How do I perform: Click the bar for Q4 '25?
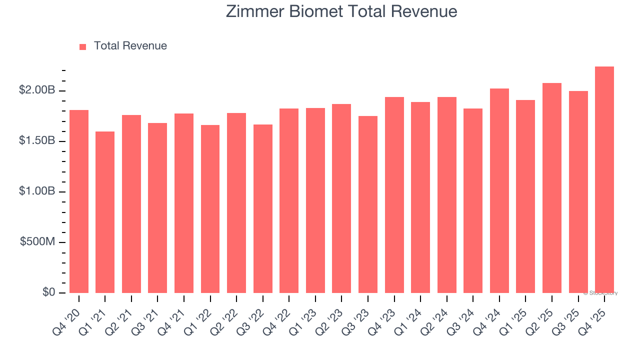[604, 180]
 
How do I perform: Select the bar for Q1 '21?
[105, 212]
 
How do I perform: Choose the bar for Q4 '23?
[394, 195]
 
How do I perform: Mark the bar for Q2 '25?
[551, 188]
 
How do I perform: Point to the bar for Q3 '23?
[368, 204]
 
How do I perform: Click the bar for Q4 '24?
[499, 190]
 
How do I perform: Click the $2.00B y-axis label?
[37, 90]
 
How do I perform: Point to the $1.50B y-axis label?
[37, 141]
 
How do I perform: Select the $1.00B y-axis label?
[37, 191]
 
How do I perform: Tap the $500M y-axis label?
[37, 242]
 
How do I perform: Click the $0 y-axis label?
[48, 292]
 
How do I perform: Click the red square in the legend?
[83, 47]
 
